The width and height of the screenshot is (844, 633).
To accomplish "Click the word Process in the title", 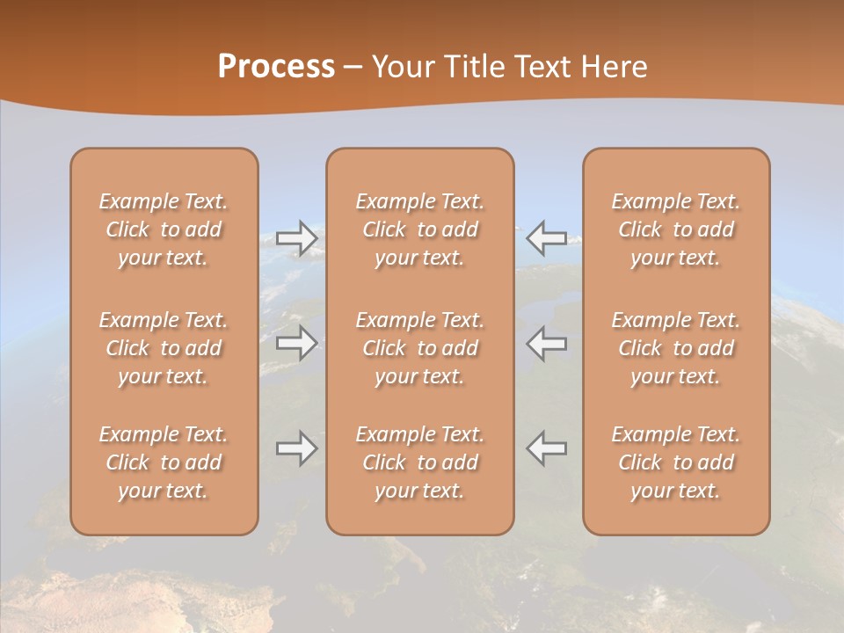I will coord(276,67).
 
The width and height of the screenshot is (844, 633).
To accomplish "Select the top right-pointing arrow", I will coord(296,238).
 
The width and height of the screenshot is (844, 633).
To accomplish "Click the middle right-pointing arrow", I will coord(296,343).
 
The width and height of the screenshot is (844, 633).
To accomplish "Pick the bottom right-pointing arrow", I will coord(296,448).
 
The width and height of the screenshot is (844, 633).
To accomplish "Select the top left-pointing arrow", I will coord(547,238).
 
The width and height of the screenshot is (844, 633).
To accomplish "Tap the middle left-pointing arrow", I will coord(547,343).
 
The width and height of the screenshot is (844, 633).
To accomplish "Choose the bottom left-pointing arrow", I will coord(547,448).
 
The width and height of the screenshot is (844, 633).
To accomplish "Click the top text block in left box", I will coord(164,229).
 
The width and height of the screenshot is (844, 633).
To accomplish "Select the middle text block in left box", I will coord(164,348).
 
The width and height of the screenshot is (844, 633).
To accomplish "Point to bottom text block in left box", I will coord(164,462).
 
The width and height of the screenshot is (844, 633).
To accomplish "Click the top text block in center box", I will coord(420,229).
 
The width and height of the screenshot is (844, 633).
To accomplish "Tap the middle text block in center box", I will coord(420,348).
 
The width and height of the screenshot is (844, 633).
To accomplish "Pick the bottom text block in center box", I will coord(420,462).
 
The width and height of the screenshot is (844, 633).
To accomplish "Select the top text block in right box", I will coord(676,229).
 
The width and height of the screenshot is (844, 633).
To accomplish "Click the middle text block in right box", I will coord(676,348).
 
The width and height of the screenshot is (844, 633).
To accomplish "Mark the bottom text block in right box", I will coord(676,462).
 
